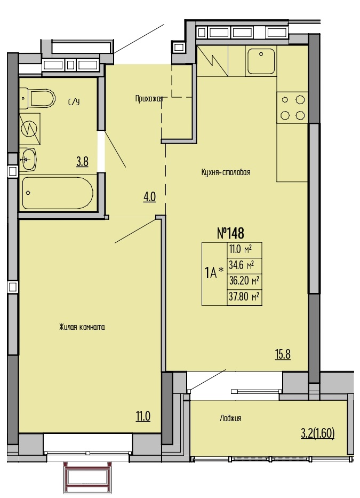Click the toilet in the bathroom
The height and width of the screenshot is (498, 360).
[37, 98]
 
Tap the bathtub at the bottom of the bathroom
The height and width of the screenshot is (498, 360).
[57, 193]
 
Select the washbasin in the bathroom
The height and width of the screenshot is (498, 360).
[29, 160]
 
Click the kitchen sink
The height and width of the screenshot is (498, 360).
[261, 61]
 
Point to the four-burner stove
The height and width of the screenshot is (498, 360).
[292, 108]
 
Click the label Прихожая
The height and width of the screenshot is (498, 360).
[149, 99]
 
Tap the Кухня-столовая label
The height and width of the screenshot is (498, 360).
[226, 172]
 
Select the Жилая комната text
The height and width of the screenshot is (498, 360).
[82, 327]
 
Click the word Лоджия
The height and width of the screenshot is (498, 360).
[230, 418]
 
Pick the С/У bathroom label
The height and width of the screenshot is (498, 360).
[74, 102]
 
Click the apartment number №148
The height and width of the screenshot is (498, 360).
[231, 233]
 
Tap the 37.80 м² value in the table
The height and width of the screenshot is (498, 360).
[244, 297]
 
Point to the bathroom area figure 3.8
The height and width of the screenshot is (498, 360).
[82, 162]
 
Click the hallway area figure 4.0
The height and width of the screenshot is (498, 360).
[149, 197]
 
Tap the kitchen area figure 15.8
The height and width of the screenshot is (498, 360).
[283, 354]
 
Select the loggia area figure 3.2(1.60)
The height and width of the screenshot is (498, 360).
[317, 433]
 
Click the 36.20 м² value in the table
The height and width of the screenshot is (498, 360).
[244, 281]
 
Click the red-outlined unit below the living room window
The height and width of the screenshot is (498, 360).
[88, 479]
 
